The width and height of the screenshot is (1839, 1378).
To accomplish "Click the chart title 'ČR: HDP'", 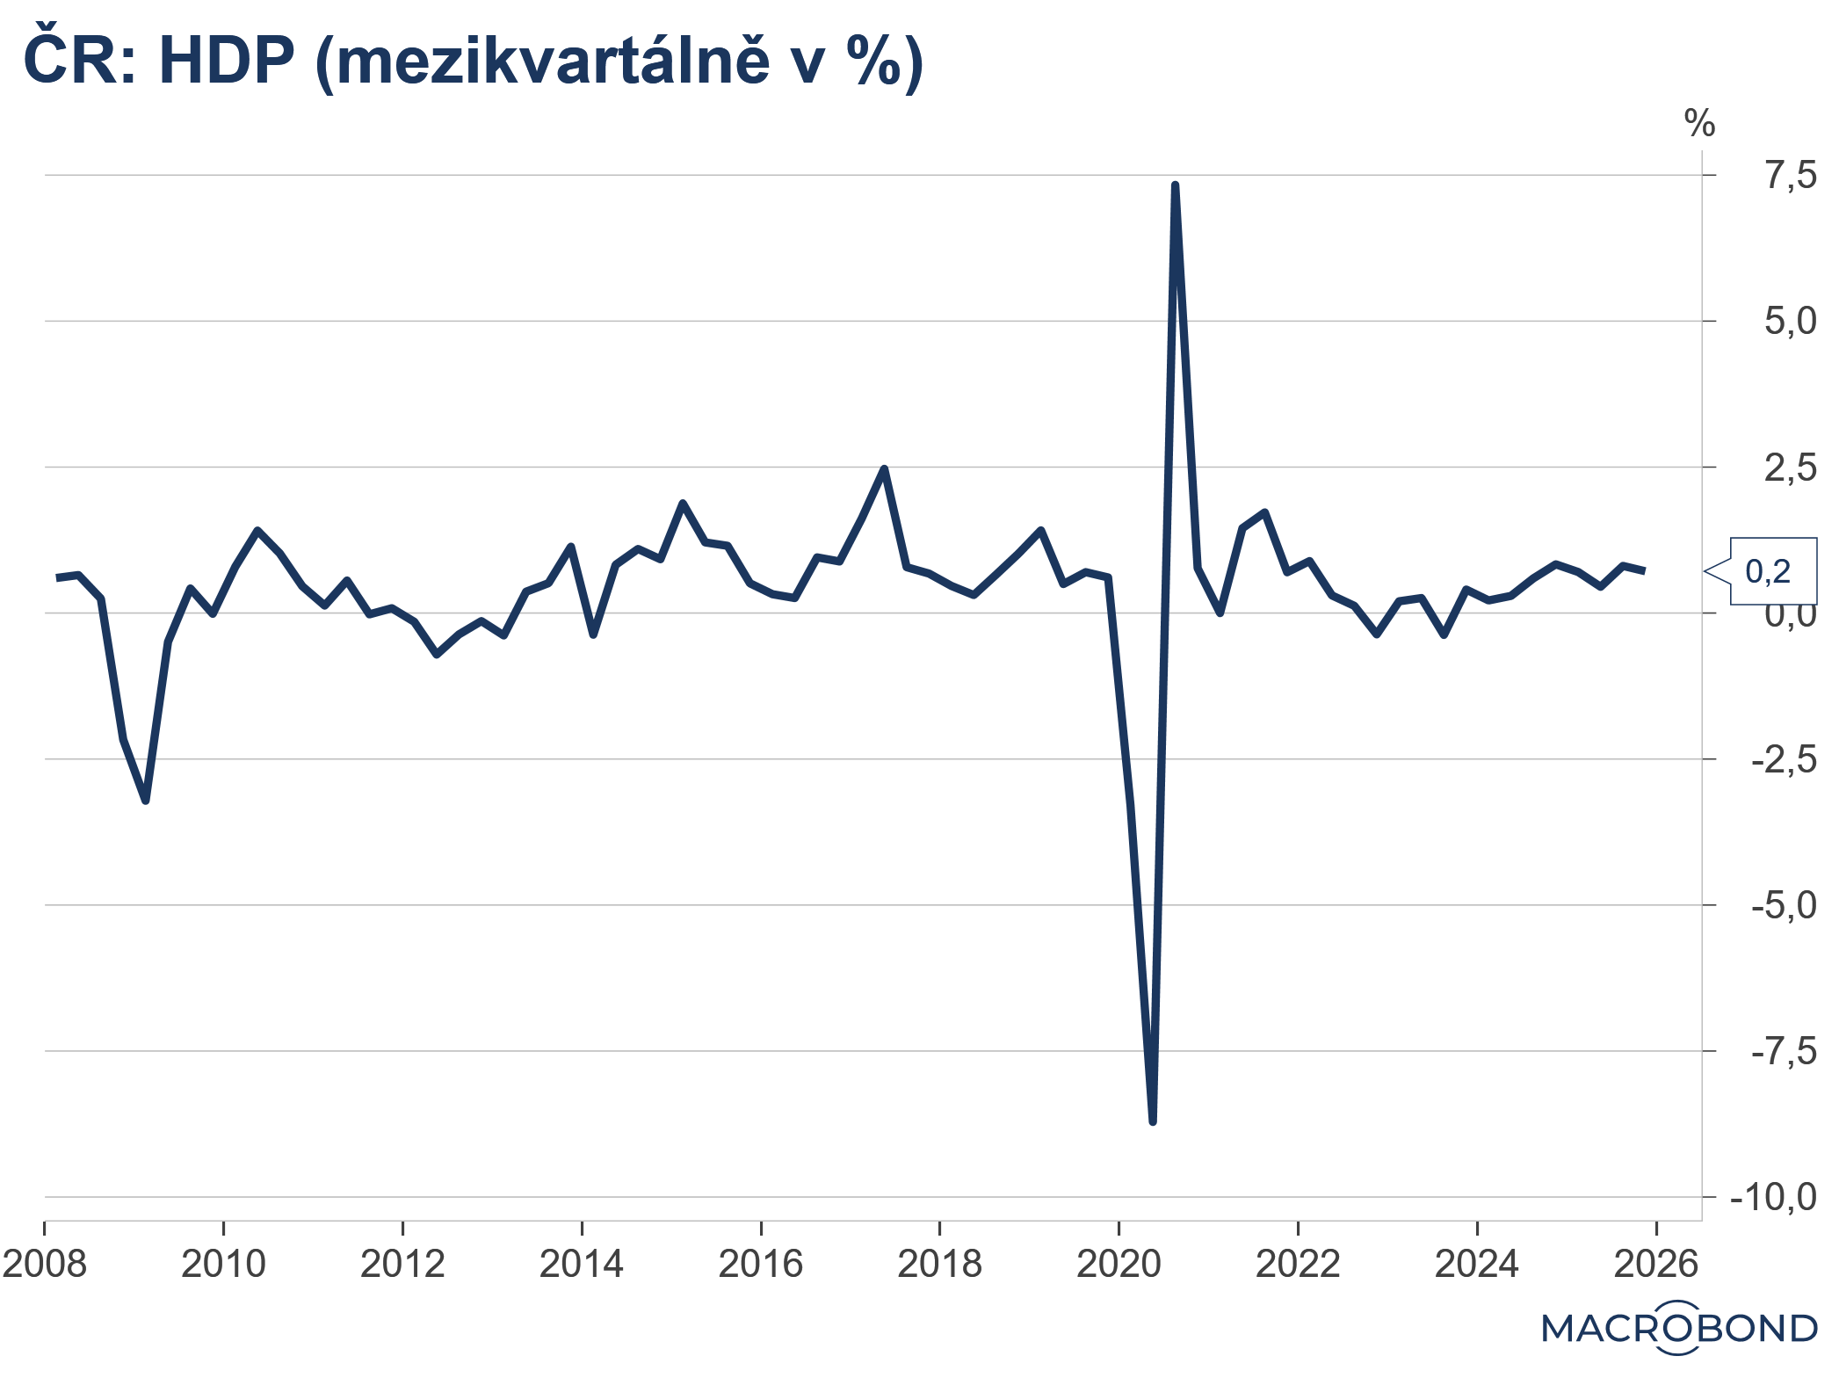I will pyautogui.click(x=158, y=62).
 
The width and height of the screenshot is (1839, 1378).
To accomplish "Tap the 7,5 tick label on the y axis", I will pyautogui.click(x=1791, y=176).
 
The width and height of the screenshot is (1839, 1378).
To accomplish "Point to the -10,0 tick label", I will pyautogui.click(x=1773, y=1197).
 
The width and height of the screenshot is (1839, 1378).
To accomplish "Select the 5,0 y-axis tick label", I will pyautogui.click(x=1791, y=322).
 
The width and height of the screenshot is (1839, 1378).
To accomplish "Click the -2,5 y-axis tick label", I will pyautogui.click(x=1784, y=759).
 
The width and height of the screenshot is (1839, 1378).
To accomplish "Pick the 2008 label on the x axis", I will pyautogui.click(x=45, y=1265).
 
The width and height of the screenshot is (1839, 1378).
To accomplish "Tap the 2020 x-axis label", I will pyautogui.click(x=1119, y=1265).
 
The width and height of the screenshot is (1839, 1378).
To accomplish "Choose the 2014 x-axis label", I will pyautogui.click(x=582, y=1265).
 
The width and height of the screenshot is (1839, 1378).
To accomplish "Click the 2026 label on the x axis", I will pyautogui.click(x=1656, y=1265).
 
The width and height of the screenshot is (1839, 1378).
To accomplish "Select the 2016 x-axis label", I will pyautogui.click(x=761, y=1265).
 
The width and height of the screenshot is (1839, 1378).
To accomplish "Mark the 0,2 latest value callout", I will pyautogui.click(x=1768, y=572).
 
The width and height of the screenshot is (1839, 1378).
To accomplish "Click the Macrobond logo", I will pyautogui.click(x=1679, y=1328).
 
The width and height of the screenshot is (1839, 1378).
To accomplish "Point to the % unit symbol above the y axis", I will pyautogui.click(x=1699, y=124).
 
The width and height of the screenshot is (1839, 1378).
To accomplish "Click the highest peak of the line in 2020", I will pyautogui.click(x=1175, y=185).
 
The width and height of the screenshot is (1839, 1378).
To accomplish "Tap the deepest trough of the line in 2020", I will pyautogui.click(x=1153, y=1121).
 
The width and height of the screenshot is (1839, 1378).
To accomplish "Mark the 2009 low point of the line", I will pyautogui.click(x=146, y=801).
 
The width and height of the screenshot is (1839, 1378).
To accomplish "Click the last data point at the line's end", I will pyautogui.click(x=1644, y=571).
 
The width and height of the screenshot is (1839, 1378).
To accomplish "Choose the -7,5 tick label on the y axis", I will pyautogui.click(x=1784, y=1051).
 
